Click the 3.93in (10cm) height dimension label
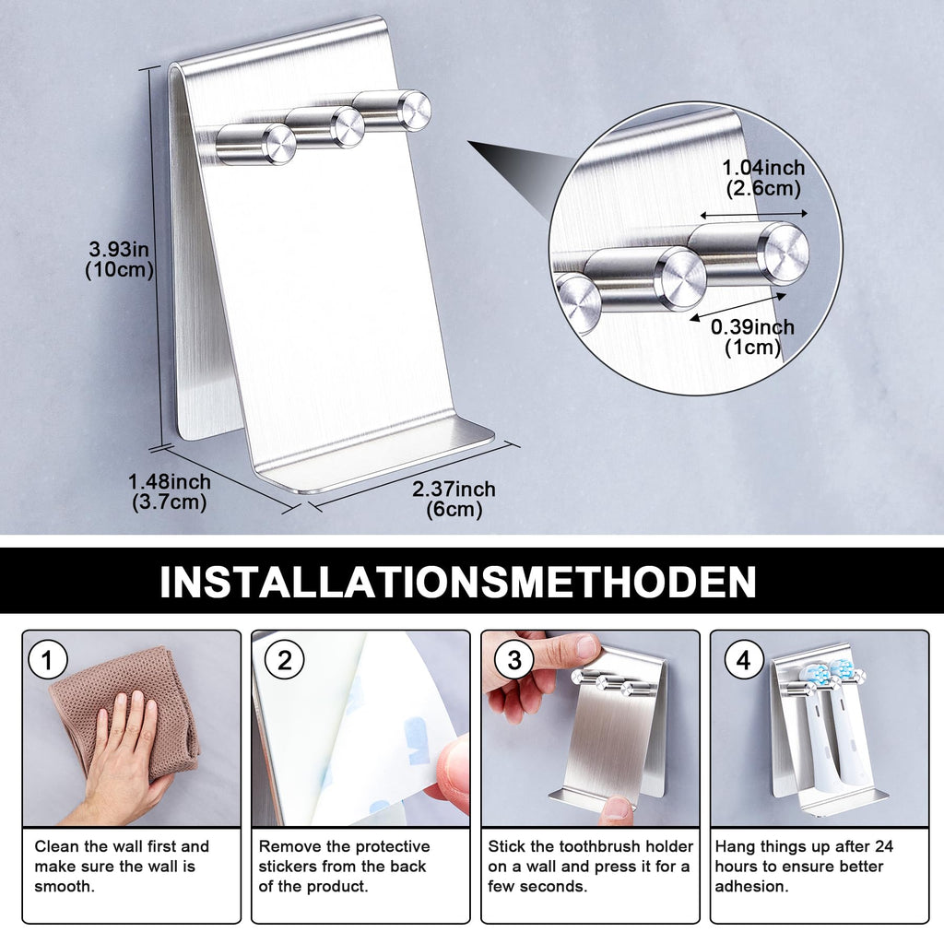[x=119, y=259]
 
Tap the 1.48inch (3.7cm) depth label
[x=170, y=492]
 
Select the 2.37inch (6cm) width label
[x=454, y=499]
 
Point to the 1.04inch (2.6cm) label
[x=763, y=178]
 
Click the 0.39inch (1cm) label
[x=752, y=336]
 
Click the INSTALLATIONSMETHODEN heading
[x=457, y=582]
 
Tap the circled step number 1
[x=47, y=660]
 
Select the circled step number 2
[x=284, y=660]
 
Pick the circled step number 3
[x=513, y=660]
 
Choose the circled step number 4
[x=744, y=660]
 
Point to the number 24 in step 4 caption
[x=883, y=846]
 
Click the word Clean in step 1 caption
[x=57, y=846]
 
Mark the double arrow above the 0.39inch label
[x=738, y=307]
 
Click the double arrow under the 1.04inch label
[x=753, y=214]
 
